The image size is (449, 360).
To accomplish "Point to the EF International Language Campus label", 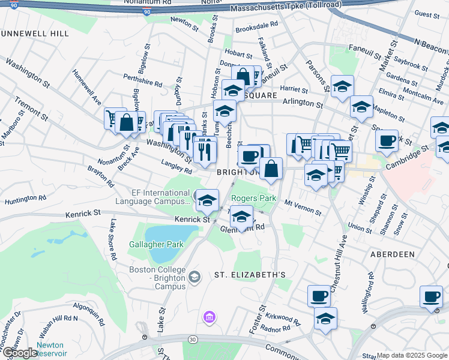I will pyautogui.click(x=160, y=197).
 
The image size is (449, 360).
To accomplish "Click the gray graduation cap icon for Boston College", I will pyautogui.click(x=194, y=277).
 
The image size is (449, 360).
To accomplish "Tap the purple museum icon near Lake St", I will pyautogui.click(x=209, y=317).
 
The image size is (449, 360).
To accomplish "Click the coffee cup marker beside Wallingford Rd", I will pyautogui.click(x=432, y=296).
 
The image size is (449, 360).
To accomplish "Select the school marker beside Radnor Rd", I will pyautogui.click(x=325, y=318).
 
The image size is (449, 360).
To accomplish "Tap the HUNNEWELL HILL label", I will pyautogui.click(x=34, y=34).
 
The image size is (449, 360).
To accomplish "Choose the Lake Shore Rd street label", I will pyautogui.click(x=112, y=239).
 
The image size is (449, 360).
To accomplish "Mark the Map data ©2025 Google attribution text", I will pyautogui.click(x=412, y=355).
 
